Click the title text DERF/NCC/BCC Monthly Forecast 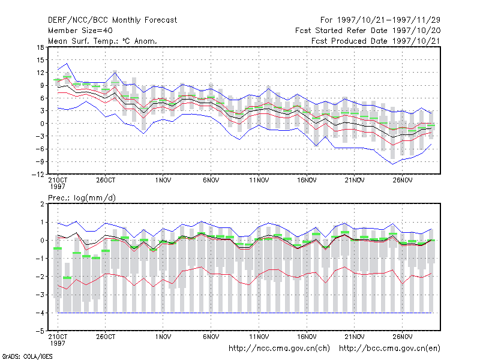pos(112,20)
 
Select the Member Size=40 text pos(80,31)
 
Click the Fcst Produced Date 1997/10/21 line pos(376,41)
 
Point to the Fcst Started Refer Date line pos(368,31)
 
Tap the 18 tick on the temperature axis pos(40,47)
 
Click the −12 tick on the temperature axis pos(38,174)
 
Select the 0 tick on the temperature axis pos(42,124)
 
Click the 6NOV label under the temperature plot pos(211,181)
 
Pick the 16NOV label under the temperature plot pos(307,181)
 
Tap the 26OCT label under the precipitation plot pos(106,337)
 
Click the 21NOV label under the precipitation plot pos(355,337)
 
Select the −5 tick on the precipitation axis pos(40,331)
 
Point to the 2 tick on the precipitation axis pos(42,204)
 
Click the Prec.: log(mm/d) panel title pos(82,198)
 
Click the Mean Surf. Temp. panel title pos(103,41)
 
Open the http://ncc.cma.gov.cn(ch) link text pos(279,349)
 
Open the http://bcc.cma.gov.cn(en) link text pos(389,349)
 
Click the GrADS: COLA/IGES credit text pos(27,356)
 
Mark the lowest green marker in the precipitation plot pos(67,278)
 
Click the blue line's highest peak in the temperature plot pos(67,64)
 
